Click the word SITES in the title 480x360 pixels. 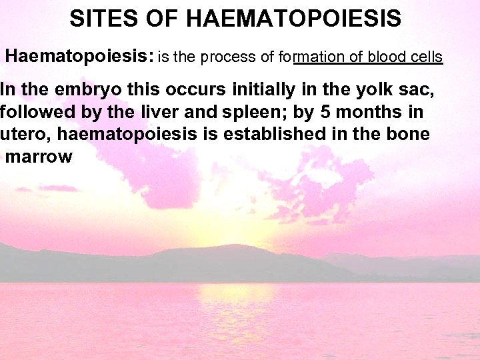tap(103, 18)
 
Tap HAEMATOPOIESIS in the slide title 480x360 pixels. tap(294, 18)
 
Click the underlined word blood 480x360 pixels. tap(380, 57)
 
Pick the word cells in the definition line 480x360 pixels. tap(425, 57)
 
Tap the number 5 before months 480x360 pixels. tap(341, 112)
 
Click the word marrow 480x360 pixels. tap(38, 157)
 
